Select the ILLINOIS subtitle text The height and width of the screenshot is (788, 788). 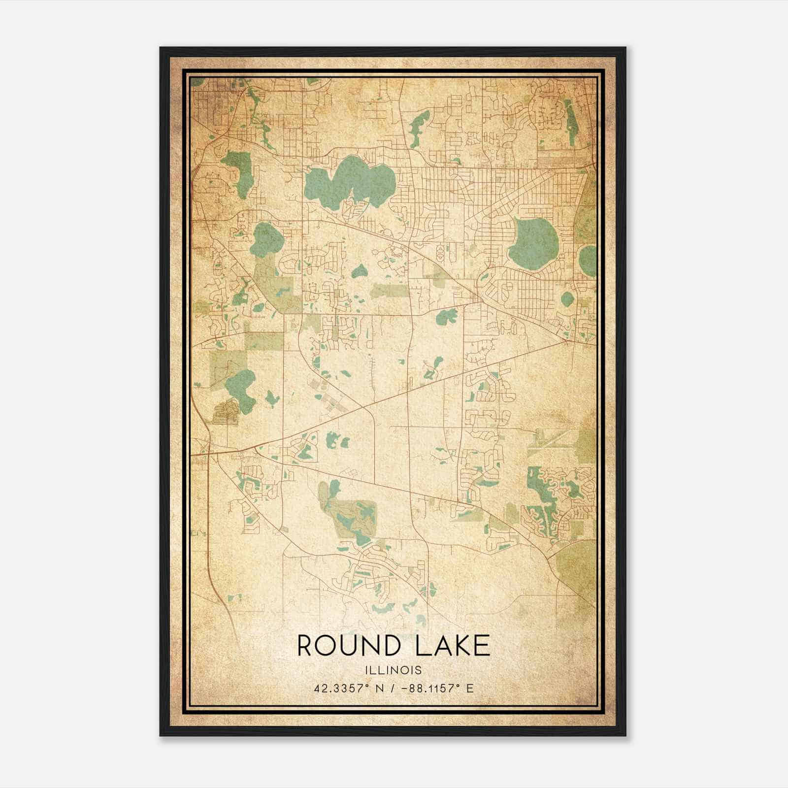[394, 670]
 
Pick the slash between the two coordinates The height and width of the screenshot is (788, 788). [392, 688]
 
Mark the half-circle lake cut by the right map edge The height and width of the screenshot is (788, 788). [588, 257]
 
